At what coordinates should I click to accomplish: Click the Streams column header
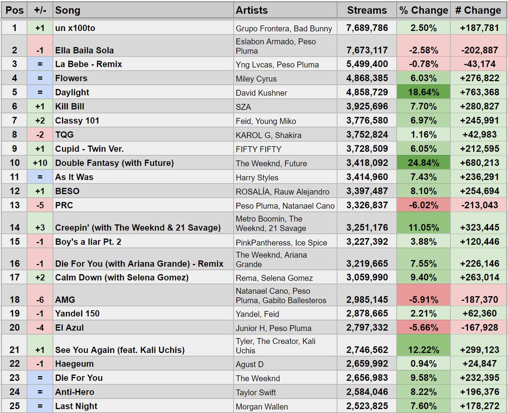tap(367, 10)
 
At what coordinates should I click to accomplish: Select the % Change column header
tap(423, 10)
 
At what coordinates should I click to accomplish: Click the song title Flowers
tap(71, 78)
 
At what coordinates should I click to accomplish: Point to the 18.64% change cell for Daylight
tap(423, 92)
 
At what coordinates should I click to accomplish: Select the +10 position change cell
tap(40, 163)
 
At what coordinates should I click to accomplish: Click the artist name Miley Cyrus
tap(256, 79)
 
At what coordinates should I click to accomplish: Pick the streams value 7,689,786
tap(367, 28)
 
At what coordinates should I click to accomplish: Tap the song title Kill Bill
tap(70, 106)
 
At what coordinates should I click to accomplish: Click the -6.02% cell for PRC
tap(423, 205)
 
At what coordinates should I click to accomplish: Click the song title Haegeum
tap(74, 364)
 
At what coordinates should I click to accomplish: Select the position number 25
tap(14, 406)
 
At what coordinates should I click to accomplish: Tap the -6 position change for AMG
tap(40, 299)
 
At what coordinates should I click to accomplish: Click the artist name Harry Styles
tap(257, 177)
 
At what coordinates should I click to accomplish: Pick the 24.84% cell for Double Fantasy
tap(423, 163)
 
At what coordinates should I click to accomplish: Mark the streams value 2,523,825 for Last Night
tap(367, 406)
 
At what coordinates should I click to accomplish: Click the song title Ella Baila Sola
tap(84, 50)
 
